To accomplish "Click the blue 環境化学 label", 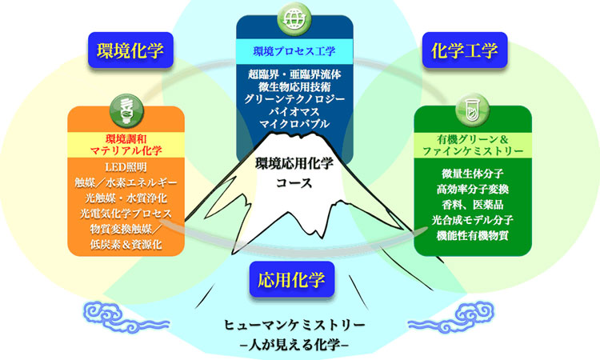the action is [130, 50].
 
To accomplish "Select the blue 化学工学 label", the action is [465, 50].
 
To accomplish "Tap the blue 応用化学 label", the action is [291, 280].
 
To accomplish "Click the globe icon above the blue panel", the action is [294, 19].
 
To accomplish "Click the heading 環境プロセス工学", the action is [294, 51].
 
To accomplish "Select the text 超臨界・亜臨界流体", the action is [294, 74].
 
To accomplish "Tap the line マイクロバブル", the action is [294, 124].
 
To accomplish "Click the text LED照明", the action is [126, 167].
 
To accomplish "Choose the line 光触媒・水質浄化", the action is [126, 198].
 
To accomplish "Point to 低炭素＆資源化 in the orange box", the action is [126, 245].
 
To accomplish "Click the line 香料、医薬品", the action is [473, 205].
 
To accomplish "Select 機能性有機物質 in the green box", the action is [473, 235].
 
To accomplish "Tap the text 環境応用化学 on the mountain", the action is [294, 164].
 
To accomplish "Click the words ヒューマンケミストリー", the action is [294, 325].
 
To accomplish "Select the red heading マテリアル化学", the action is [126, 150].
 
